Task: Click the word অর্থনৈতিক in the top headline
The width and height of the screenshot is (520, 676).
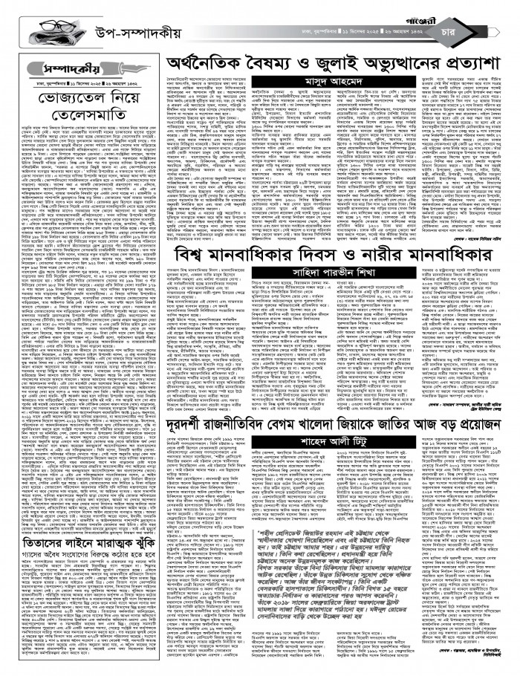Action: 196,62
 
